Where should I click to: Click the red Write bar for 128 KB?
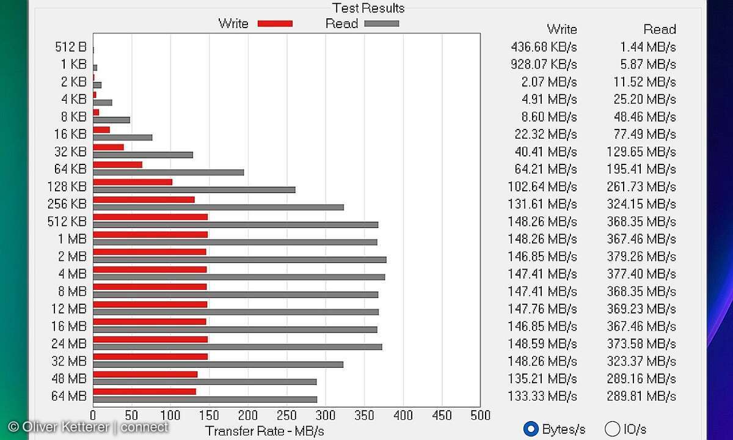coord(133,182)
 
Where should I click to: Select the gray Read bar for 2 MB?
coord(239,260)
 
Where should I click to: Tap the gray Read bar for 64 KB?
coord(168,172)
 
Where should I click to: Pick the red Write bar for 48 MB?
coord(145,374)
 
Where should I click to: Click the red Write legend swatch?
coord(275,23)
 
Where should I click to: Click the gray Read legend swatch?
coord(381,23)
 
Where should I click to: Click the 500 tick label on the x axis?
coord(480,416)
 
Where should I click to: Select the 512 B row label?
coord(70,47)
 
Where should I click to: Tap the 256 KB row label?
coord(67,204)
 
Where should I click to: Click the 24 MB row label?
coord(68,343)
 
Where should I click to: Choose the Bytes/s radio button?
coord(531,429)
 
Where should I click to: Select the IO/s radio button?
coord(612,429)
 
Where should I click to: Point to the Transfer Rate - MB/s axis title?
coord(264,431)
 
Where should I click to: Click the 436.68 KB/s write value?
coord(544,47)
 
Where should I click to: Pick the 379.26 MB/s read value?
coord(641,256)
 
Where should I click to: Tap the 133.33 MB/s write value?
coord(542,396)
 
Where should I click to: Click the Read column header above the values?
coord(659,29)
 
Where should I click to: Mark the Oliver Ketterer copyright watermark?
coord(88,427)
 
